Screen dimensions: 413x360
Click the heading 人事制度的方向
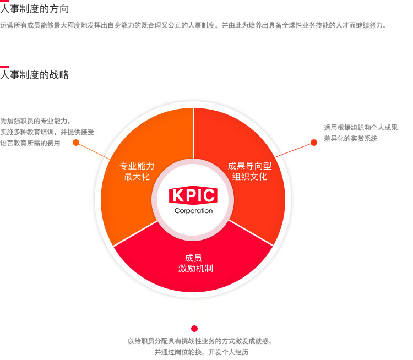click(x=35, y=9)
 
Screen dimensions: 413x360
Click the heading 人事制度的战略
click(x=35, y=75)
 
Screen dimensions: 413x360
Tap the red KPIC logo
click(x=193, y=195)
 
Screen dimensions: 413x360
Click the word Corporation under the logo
click(x=193, y=211)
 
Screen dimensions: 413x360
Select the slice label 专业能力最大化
click(x=137, y=171)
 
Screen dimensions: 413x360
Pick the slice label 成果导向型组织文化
click(x=249, y=171)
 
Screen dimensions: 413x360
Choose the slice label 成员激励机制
click(x=195, y=263)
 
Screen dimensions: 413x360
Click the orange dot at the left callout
click(x=76, y=143)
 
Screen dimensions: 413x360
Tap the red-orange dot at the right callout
click(x=314, y=143)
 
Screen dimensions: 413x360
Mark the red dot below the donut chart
click(x=194, y=329)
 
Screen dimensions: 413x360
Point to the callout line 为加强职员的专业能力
click(x=35, y=121)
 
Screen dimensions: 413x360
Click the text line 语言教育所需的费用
click(x=30, y=143)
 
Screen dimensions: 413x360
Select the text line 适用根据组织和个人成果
click(x=361, y=128)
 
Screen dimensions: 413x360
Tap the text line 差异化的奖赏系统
click(x=351, y=139)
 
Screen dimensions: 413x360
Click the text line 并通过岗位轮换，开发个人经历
click(x=201, y=352)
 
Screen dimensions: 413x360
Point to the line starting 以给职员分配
click(x=200, y=341)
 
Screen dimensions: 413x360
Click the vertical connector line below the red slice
click(x=194, y=309)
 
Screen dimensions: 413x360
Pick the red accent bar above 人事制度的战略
click(x=4, y=67)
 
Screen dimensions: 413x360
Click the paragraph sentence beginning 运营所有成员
click(x=194, y=25)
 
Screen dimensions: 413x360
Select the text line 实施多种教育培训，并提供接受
click(x=47, y=132)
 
